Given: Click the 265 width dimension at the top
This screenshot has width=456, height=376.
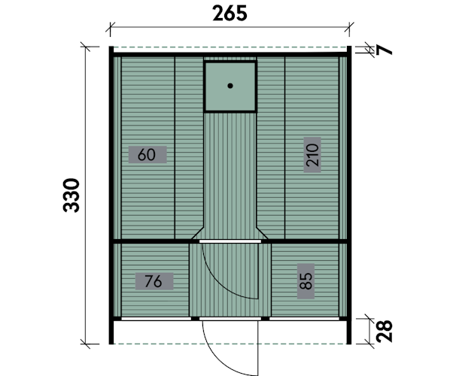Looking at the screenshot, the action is coord(230,14).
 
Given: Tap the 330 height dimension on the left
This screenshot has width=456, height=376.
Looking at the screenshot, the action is coord(71,196).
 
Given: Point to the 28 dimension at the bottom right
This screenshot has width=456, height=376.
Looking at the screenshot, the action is coord(385,331).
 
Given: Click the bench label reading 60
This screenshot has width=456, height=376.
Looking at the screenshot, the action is coord(147,155).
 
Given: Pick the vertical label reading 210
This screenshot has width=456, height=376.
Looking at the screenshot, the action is coord(312,155).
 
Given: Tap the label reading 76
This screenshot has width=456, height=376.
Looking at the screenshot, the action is coord(154,281).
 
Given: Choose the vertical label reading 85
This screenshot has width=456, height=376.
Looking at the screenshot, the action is coord(306,281).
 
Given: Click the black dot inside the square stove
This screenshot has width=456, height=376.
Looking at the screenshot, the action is coord(230,86).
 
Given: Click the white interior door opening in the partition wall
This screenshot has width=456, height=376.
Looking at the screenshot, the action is coord(230,241).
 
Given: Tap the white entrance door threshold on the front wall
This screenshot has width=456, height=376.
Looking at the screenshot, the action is coord(230,319).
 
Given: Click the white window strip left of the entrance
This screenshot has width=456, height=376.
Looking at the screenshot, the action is coord(157,319).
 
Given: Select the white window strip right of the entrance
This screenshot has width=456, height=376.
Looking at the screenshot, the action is coord(304,319).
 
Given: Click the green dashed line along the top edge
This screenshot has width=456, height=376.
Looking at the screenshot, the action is coord(230,47).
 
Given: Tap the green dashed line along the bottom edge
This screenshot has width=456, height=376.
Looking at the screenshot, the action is coord(230,344).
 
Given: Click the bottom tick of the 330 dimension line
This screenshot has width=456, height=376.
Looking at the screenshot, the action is coord(86,344).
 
